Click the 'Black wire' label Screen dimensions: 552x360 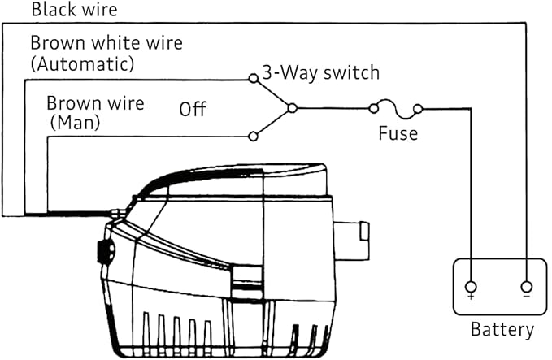tap(74, 9)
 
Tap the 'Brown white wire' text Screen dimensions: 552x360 tap(106, 43)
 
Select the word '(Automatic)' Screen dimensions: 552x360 tap(83, 63)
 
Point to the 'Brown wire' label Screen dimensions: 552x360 tap(95, 103)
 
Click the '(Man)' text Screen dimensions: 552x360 tap(75, 123)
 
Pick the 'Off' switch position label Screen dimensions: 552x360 tap(193, 109)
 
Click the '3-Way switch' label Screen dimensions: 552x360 tap(321, 73)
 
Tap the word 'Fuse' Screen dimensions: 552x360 tap(398, 133)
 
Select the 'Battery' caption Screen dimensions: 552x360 tap(502, 330)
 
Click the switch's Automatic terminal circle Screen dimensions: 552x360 tap(253, 78)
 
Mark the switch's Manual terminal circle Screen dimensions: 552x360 tap(253, 137)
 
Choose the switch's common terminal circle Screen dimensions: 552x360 tap(292, 108)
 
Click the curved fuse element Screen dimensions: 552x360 tap(396, 109)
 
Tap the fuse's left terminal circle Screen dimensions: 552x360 tap(373, 108)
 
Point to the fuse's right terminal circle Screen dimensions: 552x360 tap(418, 109)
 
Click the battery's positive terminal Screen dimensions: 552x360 tap(471, 287)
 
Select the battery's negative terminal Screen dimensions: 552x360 tap(526, 287)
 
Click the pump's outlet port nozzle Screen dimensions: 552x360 tap(352, 241)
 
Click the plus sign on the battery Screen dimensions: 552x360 tap(471, 297)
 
